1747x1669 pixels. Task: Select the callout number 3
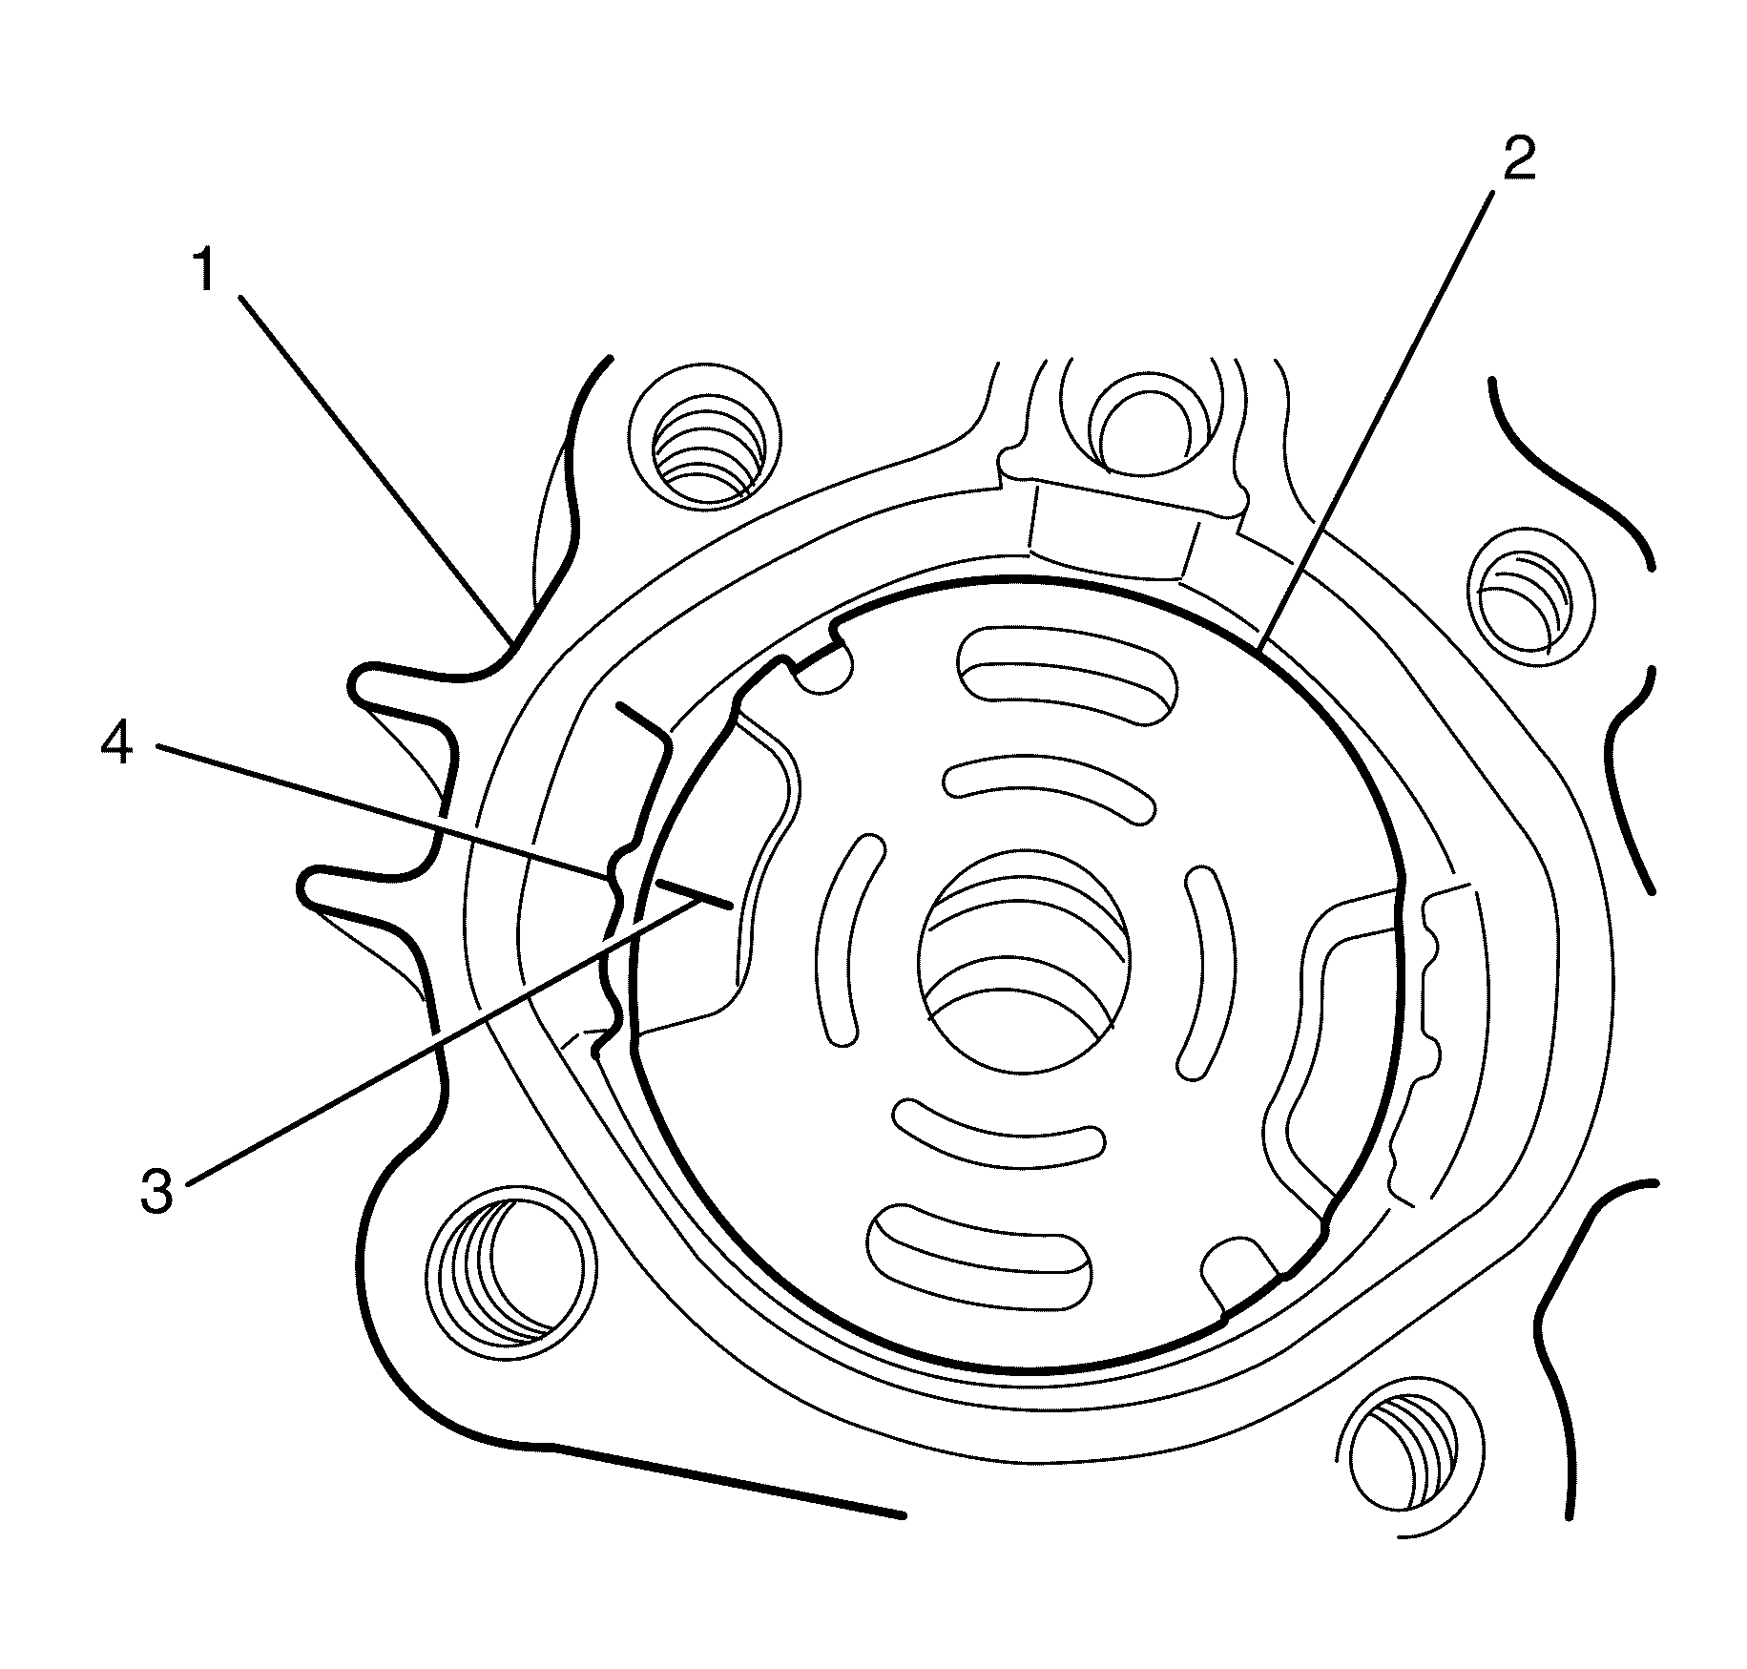pyautogui.click(x=157, y=1192)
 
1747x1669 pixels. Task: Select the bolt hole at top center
pyautogui.click(x=1143, y=425)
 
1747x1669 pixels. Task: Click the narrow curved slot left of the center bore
pyautogui.click(x=845, y=940)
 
